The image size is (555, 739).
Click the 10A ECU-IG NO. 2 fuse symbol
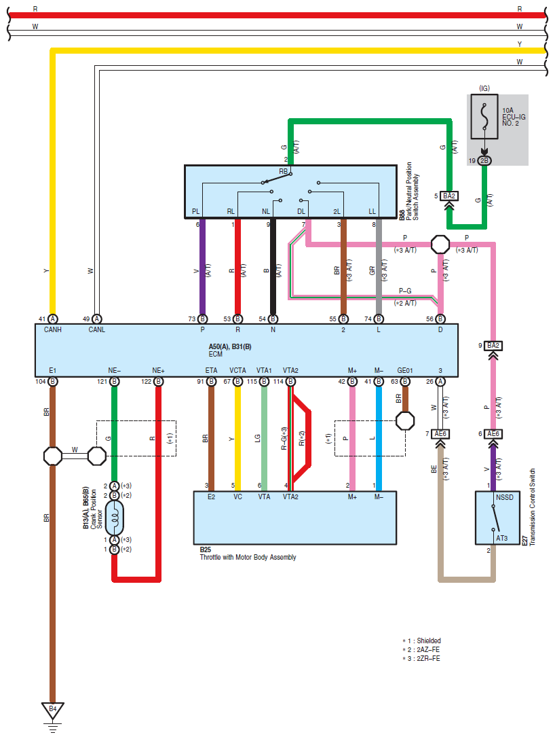click(484, 117)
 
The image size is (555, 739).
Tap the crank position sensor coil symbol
click(115, 518)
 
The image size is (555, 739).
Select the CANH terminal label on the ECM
click(53, 329)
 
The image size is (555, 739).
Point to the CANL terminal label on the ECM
click(96, 329)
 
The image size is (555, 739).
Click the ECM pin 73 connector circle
click(202, 319)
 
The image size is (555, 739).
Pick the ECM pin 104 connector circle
click(53, 381)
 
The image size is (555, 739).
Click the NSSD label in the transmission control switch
click(505, 497)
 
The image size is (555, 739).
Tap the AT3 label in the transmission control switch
click(502, 538)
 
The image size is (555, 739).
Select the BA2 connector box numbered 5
click(449, 196)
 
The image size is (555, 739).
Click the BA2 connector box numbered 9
click(493, 346)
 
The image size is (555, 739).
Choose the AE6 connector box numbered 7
click(440, 433)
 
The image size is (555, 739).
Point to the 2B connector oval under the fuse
click(484, 161)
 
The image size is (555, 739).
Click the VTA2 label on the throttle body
click(290, 497)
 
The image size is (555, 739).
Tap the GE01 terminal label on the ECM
click(405, 370)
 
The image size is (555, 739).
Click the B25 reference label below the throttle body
click(206, 549)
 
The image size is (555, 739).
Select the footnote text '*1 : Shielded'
click(421, 641)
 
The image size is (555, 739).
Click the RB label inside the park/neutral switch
click(284, 172)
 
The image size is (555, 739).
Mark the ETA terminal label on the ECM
click(212, 370)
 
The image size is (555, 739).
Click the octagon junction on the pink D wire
click(440, 244)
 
